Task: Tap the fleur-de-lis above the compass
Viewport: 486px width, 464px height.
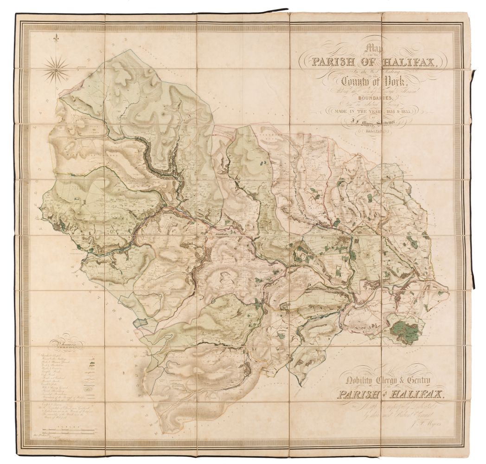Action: pos(56,38)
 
